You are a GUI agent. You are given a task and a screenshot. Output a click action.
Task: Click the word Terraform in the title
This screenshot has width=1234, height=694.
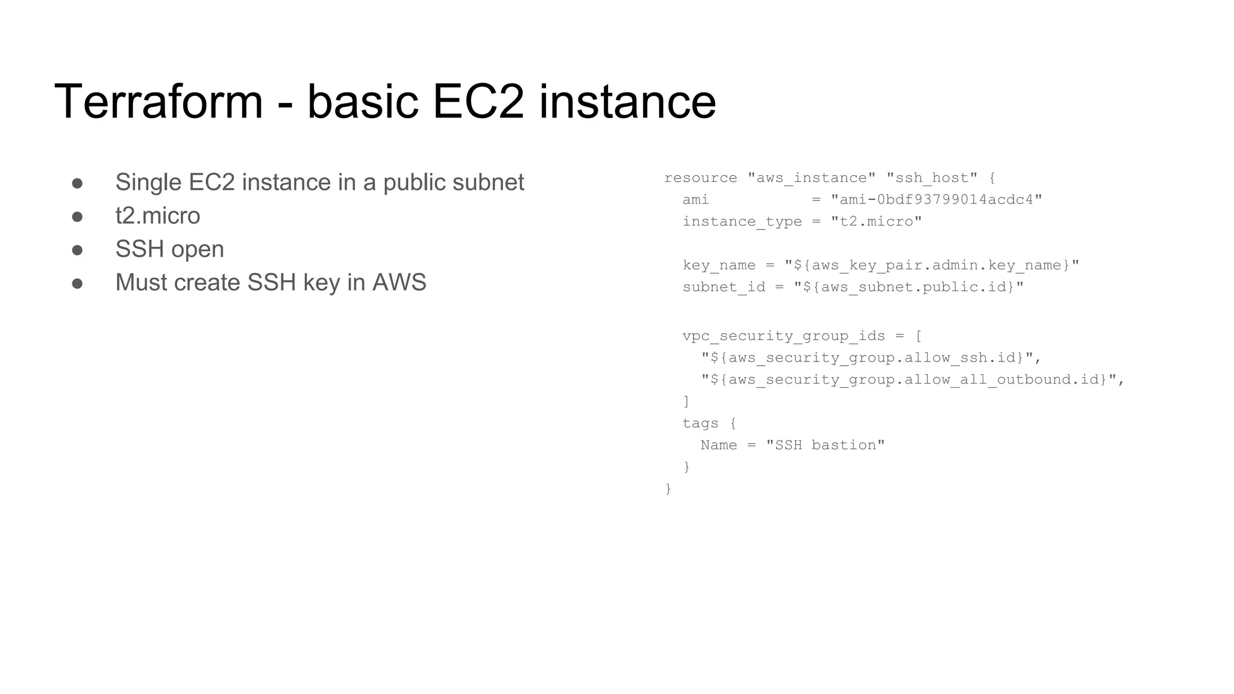tap(158, 101)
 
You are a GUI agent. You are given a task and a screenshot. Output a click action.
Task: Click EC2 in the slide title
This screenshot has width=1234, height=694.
tap(478, 101)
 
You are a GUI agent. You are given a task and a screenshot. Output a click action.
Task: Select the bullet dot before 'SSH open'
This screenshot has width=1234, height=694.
tap(77, 249)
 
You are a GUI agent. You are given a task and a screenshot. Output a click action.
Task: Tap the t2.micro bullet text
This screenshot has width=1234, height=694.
tap(157, 216)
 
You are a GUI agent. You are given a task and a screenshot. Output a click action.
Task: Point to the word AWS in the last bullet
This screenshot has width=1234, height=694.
tap(399, 283)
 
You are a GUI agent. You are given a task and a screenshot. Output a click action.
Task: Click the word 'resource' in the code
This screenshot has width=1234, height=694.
tap(700, 178)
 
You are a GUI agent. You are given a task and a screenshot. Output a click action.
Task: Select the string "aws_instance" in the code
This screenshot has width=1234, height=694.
tap(811, 178)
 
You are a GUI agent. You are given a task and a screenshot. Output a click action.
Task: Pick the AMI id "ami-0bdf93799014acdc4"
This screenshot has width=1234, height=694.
tap(936, 200)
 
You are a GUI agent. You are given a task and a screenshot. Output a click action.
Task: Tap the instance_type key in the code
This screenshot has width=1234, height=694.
tap(742, 222)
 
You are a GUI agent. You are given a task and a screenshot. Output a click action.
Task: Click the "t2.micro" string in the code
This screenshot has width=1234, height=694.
tap(876, 222)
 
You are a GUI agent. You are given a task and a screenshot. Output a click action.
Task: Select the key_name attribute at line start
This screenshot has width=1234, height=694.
tap(719, 266)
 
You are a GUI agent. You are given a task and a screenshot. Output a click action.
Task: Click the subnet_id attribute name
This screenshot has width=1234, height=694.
tap(724, 287)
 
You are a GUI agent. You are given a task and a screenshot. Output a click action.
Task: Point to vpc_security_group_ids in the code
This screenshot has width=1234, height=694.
tap(783, 336)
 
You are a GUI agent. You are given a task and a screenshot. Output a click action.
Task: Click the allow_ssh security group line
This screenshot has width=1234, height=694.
tap(871, 358)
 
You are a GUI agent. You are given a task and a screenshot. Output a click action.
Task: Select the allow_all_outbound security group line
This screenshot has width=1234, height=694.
tap(912, 380)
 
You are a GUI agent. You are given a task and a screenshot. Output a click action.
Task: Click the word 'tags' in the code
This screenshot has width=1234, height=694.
tap(700, 424)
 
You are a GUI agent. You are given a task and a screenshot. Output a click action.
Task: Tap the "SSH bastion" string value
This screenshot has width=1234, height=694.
tap(825, 445)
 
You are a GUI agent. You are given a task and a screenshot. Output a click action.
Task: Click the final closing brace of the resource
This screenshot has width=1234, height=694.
tap(668, 489)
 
